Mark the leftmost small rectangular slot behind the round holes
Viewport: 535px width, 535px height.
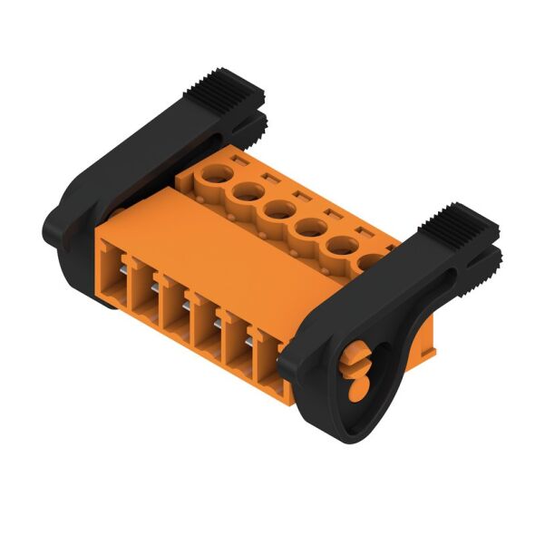coord(239,160)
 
